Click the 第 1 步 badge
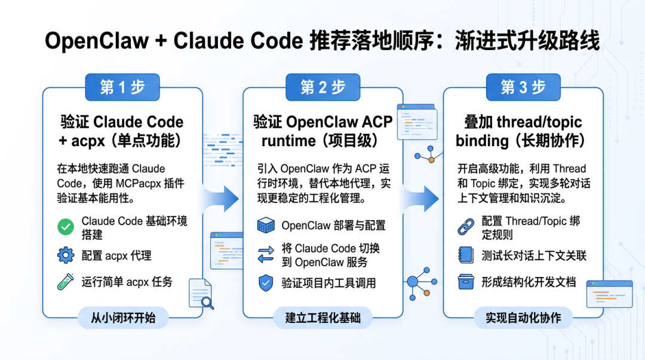coord(122,88)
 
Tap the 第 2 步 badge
coord(322,88)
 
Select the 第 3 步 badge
coord(523,88)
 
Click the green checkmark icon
coord(65,227)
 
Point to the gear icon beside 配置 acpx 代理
coord(65,256)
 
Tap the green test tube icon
coord(65,282)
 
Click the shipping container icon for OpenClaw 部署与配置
coord(265,226)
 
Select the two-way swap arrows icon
coord(265,255)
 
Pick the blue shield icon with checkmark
coord(265,283)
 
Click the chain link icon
coord(466,227)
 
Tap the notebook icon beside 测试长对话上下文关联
coord(466,256)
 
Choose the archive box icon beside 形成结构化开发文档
coord(466,282)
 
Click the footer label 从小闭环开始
coord(123,318)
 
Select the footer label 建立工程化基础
coord(322,318)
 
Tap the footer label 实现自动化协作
coord(523,318)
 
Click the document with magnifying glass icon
coord(201,294)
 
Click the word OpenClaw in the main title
coord(97,41)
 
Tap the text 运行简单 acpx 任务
coord(127,282)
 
